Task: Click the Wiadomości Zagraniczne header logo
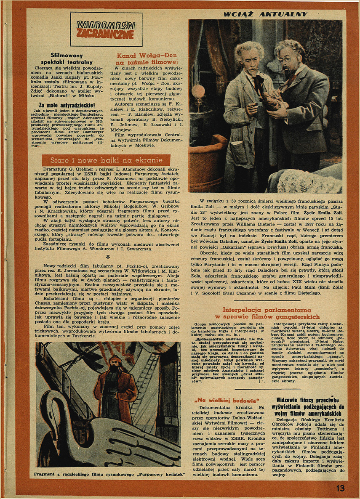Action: point(106,29)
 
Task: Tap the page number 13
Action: point(340,488)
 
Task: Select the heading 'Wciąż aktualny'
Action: point(265,14)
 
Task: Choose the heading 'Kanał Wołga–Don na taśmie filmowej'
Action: point(147,58)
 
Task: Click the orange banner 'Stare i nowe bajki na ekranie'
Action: point(106,160)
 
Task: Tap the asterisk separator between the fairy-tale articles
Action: point(108,256)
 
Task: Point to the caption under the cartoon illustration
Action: point(111,474)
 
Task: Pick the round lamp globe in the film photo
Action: point(198,91)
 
